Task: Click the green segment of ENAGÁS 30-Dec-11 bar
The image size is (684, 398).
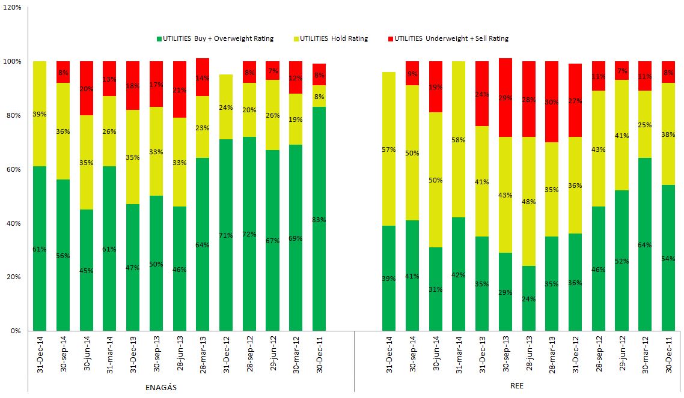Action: tap(319, 219)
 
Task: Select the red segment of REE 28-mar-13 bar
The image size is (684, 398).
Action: tap(552, 101)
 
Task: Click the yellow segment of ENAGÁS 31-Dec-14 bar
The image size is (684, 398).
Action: tap(40, 113)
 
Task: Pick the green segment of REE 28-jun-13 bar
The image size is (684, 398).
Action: tap(528, 298)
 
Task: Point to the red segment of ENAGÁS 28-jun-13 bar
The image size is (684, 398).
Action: tap(180, 89)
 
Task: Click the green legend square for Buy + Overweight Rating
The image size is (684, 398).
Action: tap(159, 39)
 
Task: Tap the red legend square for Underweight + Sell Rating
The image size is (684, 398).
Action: tap(391, 39)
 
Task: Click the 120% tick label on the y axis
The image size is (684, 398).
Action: tap(12, 8)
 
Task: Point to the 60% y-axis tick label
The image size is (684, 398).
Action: tap(14, 169)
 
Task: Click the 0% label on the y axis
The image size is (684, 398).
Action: tap(16, 331)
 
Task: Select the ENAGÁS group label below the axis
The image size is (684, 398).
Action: tap(162, 387)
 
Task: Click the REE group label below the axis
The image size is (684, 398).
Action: tap(516, 386)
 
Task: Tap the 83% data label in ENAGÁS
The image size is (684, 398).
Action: tap(319, 220)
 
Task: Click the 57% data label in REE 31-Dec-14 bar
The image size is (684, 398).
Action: tap(388, 149)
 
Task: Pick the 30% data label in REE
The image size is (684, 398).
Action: tap(552, 101)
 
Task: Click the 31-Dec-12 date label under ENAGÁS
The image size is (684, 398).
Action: tap(227, 358)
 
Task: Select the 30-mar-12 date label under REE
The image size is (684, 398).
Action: tap(645, 358)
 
